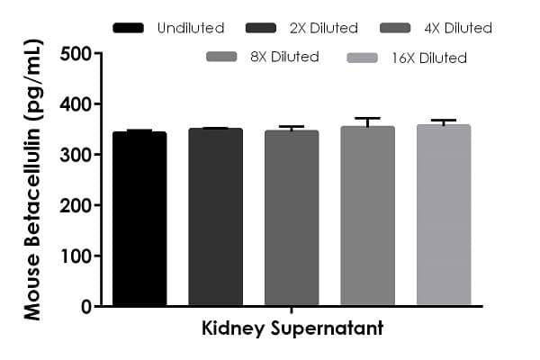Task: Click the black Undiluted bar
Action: [139, 220]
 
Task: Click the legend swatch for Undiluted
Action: [129, 28]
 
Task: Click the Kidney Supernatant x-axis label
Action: [292, 328]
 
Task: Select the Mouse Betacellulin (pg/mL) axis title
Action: [32, 180]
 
